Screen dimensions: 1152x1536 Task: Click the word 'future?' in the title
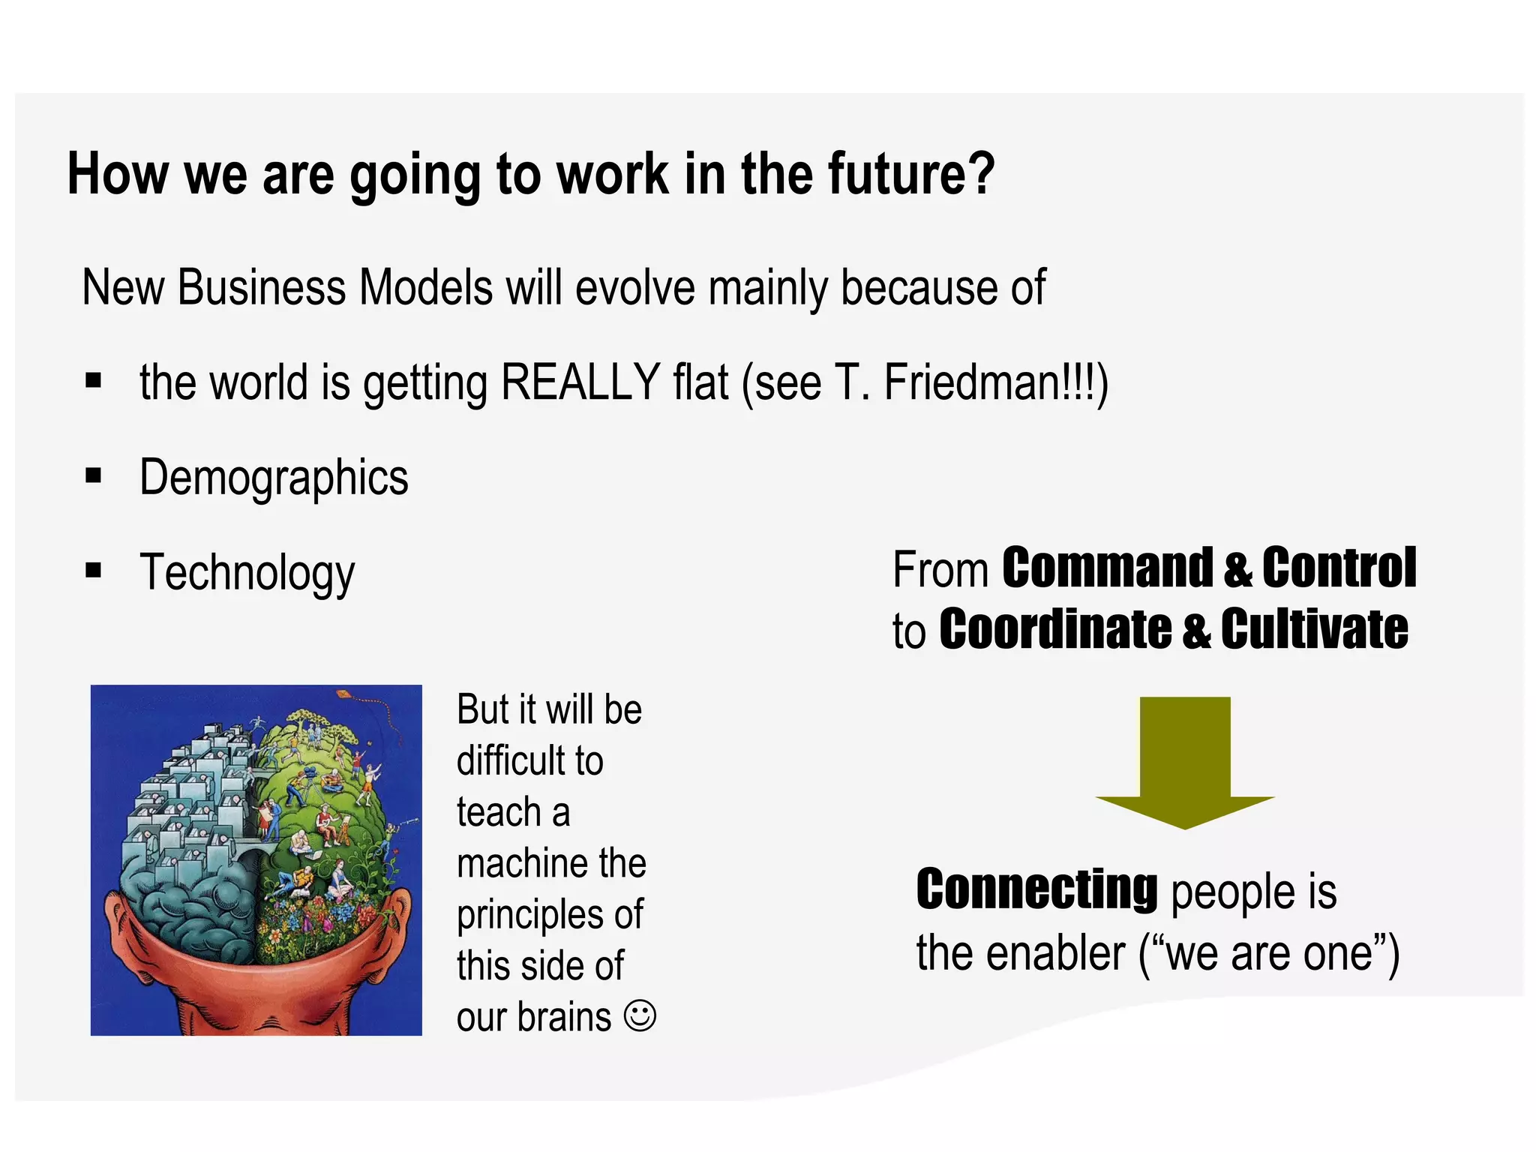910,175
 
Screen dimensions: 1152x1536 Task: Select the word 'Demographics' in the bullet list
274,478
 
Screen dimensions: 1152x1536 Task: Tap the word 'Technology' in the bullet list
247,573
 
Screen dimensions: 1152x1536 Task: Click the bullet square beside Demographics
93,475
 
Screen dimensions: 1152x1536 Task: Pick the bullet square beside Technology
93,571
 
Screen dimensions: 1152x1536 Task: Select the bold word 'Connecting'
1037,889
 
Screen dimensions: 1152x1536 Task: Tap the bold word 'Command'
1107,568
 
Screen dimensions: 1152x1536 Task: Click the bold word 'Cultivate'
1314,629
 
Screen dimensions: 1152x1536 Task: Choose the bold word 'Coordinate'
1054,629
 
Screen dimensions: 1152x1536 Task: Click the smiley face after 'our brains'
640,1016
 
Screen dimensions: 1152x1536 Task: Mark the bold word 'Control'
1339,568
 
